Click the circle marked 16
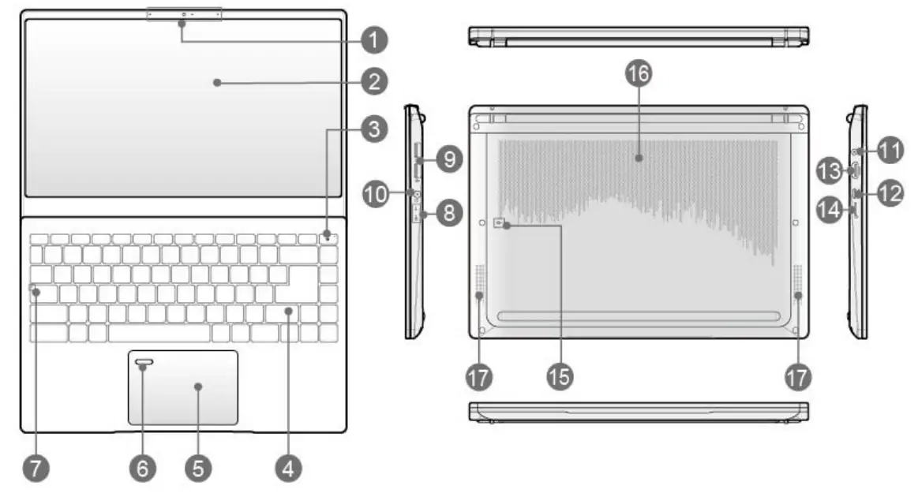(639, 75)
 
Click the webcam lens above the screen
(183, 15)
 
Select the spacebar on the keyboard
(159, 333)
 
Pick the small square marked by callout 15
(499, 224)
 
